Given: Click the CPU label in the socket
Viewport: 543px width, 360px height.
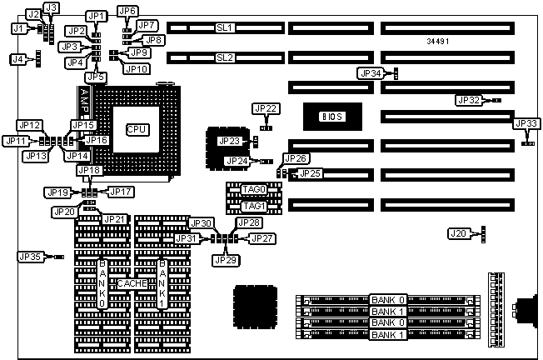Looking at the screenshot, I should pyautogui.click(x=137, y=129).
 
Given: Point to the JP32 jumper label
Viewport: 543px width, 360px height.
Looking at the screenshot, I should pyautogui.click(x=469, y=100).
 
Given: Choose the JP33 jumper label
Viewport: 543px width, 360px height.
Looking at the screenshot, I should pyautogui.click(x=527, y=124).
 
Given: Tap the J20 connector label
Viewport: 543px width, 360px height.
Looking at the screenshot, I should pyautogui.click(x=457, y=233).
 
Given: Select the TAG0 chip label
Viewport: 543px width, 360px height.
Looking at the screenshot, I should pyautogui.click(x=253, y=190).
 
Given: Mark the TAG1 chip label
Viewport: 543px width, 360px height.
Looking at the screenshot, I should pyautogui.click(x=253, y=206).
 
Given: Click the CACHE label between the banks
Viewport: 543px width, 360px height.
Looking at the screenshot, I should pyautogui.click(x=132, y=284).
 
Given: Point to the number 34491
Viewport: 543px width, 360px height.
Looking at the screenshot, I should pyautogui.click(x=441, y=40).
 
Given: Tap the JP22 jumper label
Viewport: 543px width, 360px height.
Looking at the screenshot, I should pyautogui.click(x=266, y=109).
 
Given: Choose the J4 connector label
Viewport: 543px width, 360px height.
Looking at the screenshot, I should pyautogui.click(x=17, y=59).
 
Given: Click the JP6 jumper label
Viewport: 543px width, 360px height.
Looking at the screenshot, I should pyautogui.click(x=127, y=11).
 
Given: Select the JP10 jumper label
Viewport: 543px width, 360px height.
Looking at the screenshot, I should pyautogui.click(x=136, y=68).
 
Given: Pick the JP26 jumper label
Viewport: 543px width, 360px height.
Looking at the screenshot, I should pyautogui.click(x=296, y=158).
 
